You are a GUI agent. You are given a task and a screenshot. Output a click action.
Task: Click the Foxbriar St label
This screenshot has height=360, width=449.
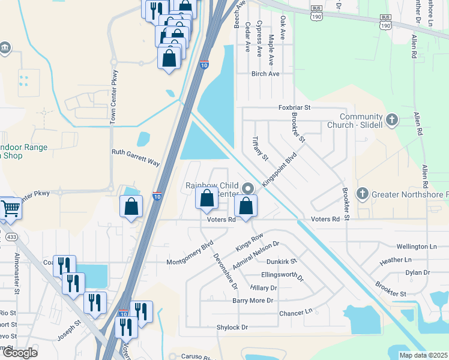tap(294, 107)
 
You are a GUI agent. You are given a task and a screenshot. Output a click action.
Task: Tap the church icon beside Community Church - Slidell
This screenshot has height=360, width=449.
tap(392, 120)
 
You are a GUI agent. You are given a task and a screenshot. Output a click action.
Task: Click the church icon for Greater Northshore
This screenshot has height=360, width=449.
tap(362, 194)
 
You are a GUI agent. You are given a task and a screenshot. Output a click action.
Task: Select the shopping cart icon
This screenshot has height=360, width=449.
tap(11, 208)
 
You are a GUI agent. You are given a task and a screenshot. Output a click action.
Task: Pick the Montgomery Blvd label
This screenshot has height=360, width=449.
tap(189, 254)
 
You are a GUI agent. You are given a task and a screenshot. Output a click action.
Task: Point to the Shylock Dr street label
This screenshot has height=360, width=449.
tap(232, 327)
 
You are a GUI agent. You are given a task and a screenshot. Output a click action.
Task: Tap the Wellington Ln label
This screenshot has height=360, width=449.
tap(417, 247)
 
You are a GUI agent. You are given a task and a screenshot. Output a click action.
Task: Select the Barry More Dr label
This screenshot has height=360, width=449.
tap(253, 300)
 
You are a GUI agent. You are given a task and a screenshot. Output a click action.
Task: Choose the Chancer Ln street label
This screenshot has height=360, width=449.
tap(296, 313)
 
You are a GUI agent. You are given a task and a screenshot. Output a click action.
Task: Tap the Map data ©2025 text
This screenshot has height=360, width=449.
tap(423, 355)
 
